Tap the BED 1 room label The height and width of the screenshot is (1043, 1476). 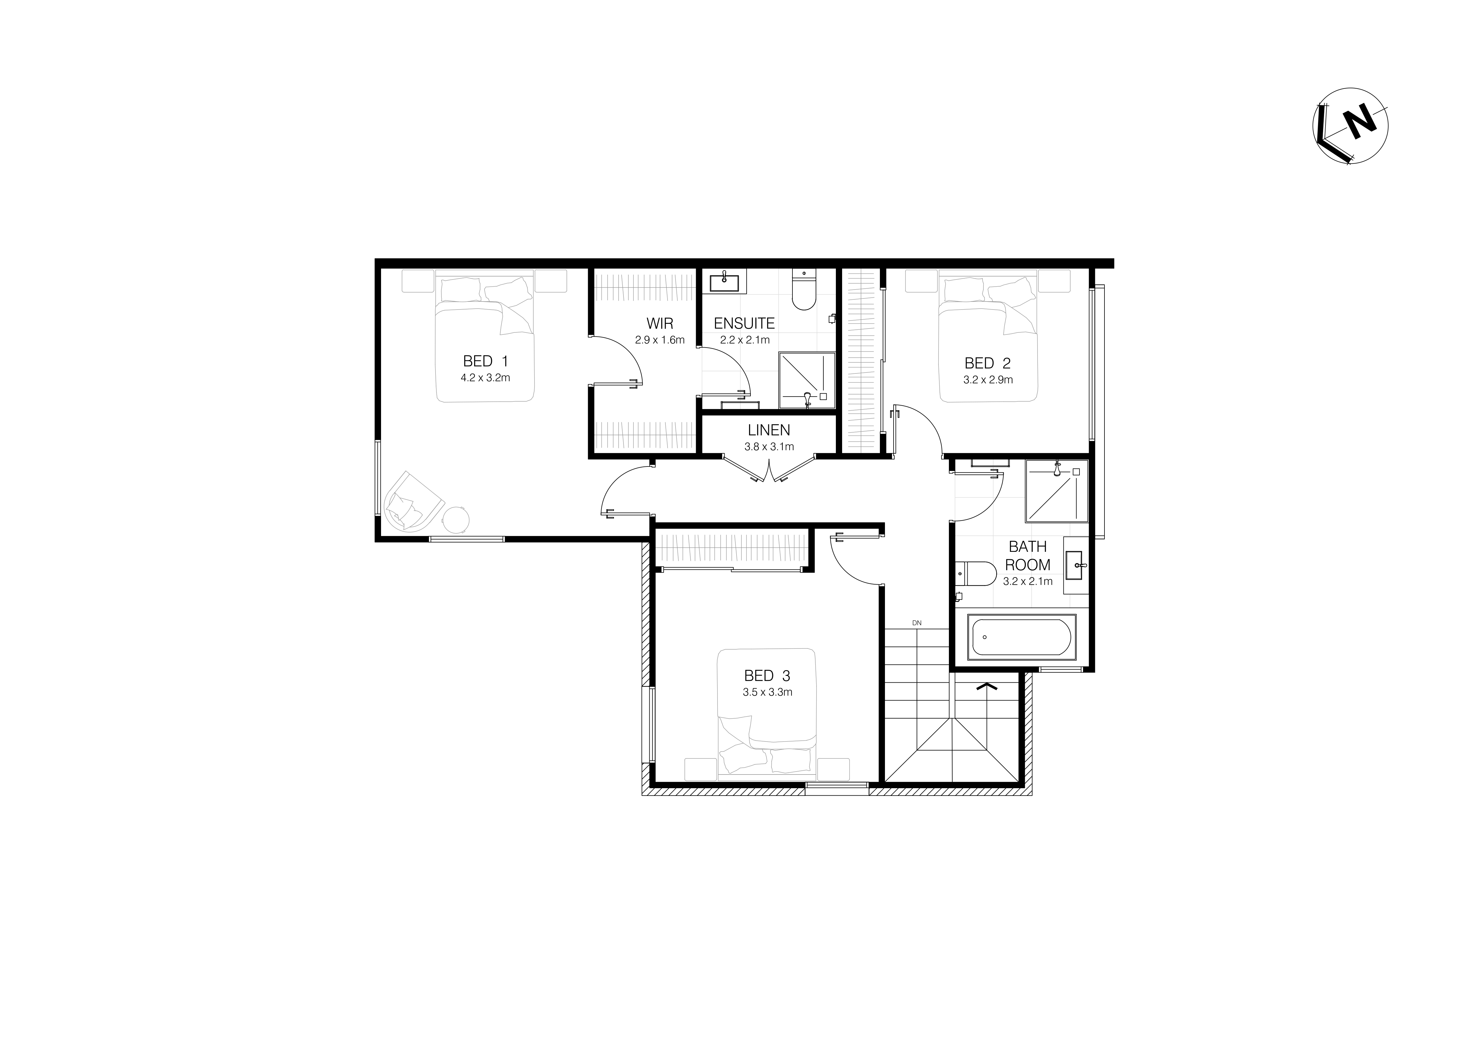pos(485,361)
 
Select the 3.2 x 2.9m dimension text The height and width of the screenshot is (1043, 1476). pos(988,380)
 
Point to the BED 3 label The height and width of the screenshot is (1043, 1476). pos(767,676)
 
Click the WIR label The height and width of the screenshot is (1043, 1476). pos(659,323)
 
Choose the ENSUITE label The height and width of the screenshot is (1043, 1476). pos(745,323)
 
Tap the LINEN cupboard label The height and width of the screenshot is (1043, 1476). pos(769,430)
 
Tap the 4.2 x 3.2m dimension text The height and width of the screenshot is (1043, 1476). pos(485,378)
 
